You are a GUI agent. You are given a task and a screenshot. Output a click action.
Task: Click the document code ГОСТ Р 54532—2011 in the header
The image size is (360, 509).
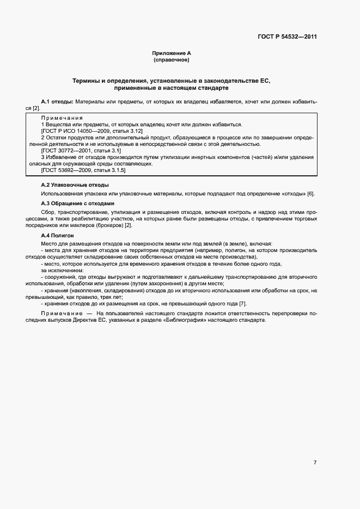point(287,38)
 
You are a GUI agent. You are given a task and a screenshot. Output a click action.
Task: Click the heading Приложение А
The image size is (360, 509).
point(172,53)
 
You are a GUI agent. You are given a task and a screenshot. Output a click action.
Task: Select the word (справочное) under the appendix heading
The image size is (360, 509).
point(172,59)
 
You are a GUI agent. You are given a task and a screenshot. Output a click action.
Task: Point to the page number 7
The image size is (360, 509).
point(315,463)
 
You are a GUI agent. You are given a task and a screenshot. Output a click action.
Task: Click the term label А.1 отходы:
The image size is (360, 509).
point(57,102)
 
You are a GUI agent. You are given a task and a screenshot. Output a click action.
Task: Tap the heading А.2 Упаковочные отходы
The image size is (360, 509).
point(68,186)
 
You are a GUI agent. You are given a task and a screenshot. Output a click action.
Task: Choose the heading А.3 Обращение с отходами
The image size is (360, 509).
point(70,203)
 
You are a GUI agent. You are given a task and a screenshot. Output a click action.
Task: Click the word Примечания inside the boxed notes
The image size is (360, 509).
point(62,118)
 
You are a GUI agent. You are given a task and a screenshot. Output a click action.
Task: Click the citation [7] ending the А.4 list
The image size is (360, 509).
point(243,303)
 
